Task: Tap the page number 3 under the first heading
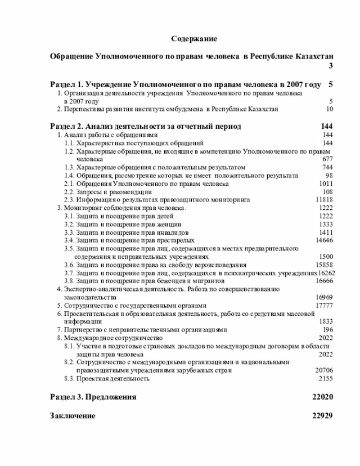coord(331,66)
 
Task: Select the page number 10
coord(329,109)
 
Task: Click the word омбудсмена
coord(187,109)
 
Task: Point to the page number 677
coord(327,159)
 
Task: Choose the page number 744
coord(327,168)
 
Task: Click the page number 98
coord(329,176)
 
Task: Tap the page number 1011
coord(326,184)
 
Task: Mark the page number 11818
coord(324,200)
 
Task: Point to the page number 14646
coord(324,240)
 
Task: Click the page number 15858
coord(324,265)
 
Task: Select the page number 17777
coord(324,305)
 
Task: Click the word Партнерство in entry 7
coord(81,329)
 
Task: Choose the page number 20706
coord(324,370)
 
